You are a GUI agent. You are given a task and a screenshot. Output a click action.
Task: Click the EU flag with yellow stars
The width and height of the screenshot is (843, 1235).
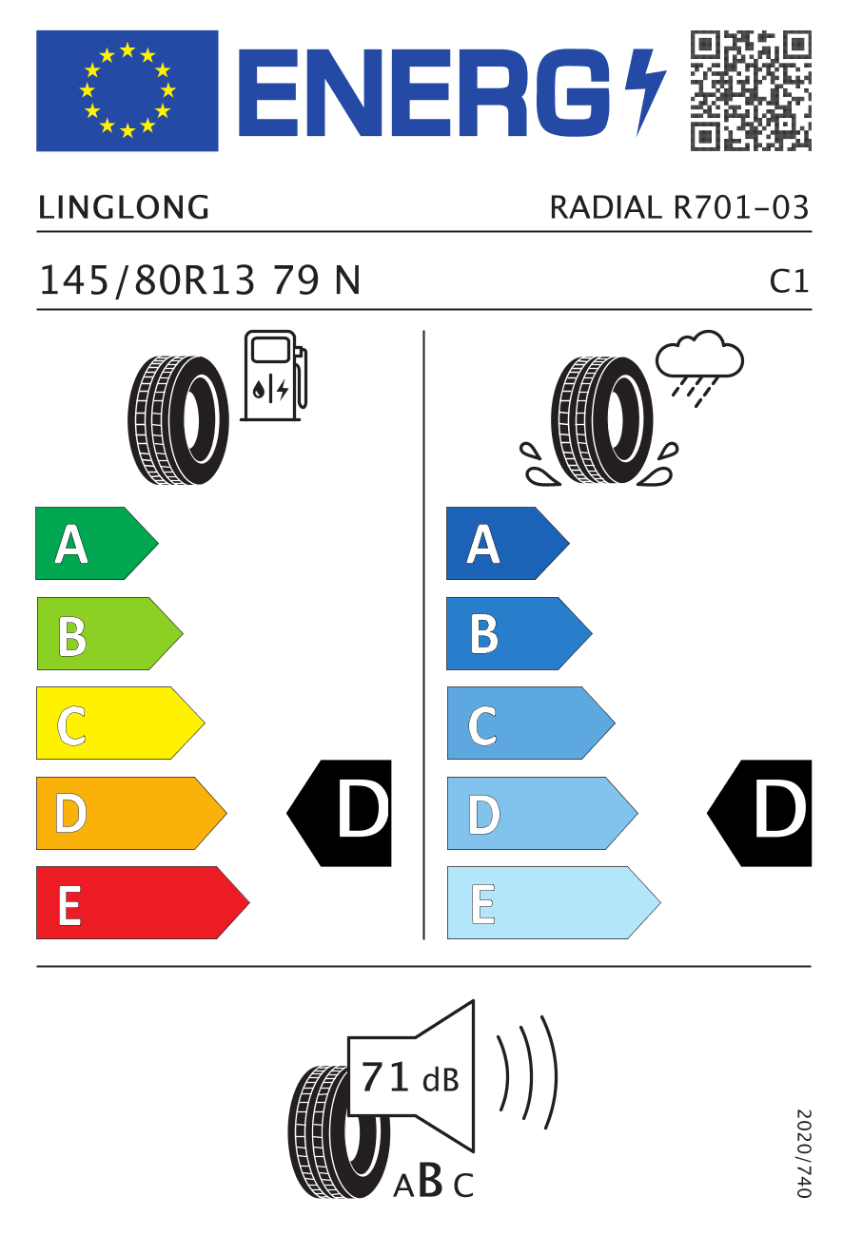(127, 90)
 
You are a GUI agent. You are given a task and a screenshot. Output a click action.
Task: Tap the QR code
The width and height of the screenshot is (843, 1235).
(751, 90)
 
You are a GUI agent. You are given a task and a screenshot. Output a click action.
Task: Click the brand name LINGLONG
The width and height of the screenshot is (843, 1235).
(124, 208)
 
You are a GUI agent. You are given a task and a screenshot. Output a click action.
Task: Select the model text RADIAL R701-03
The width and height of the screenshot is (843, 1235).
(679, 208)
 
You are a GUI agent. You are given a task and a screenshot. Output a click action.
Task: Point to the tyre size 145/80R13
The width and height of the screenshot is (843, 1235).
(147, 280)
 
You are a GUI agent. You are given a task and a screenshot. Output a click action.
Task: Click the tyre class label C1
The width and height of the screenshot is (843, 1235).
(789, 281)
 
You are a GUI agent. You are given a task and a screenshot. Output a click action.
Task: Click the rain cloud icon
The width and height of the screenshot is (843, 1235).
(699, 368)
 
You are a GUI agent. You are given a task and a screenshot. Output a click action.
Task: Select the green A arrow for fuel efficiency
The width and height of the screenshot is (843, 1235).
(96, 543)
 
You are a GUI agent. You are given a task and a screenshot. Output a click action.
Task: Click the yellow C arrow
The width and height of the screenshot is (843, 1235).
(120, 723)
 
